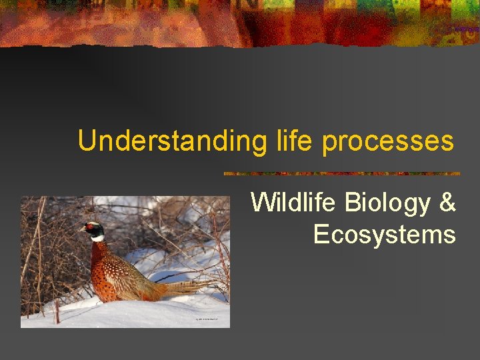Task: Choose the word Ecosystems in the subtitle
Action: (384, 235)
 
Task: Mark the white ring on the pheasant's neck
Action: (97, 238)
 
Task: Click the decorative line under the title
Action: (341, 173)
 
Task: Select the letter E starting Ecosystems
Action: (321, 235)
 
